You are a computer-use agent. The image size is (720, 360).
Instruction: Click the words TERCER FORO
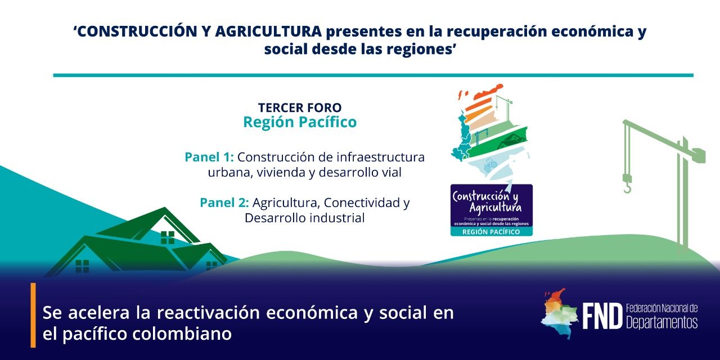click(299, 107)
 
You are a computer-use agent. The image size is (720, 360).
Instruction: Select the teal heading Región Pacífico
click(299, 122)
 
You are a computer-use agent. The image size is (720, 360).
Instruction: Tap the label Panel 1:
click(209, 157)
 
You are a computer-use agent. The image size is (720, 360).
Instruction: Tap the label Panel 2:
click(224, 202)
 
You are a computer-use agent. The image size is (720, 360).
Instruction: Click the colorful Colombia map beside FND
click(560, 314)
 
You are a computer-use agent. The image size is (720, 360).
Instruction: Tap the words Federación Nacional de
click(661, 309)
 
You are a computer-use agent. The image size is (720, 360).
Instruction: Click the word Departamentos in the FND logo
click(661, 322)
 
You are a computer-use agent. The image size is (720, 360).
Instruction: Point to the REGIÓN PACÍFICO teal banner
click(491, 232)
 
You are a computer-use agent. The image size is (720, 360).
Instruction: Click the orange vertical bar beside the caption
click(33, 315)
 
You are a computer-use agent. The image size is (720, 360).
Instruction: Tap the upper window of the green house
click(168, 237)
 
